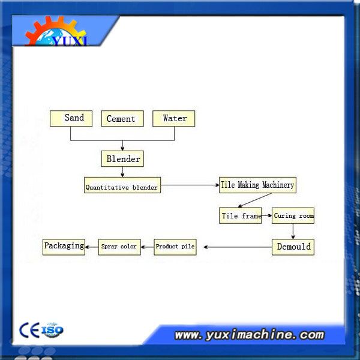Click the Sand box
tap(71, 118)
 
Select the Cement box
tap(122, 118)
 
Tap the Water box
tap(174, 118)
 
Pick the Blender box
tap(122, 158)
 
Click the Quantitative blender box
tap(122, 185)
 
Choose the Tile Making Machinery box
tap(257, 185)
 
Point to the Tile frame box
tap(240, 215)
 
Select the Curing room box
tap(293, 215)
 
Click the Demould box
tap(293, 247)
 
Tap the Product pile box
tap(175, 247)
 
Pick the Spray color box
tap(119, 247)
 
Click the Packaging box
tap(64, 247)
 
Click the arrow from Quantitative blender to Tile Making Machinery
tap(190, 185)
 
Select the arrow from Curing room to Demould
tap(293, 232)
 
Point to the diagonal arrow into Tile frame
tap(255, 200)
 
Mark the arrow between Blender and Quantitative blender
tap(122, 172)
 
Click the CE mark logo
tap(29, 330)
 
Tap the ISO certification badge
tap(52, 330)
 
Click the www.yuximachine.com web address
tap(250, 335)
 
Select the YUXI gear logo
tap(56, 31)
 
